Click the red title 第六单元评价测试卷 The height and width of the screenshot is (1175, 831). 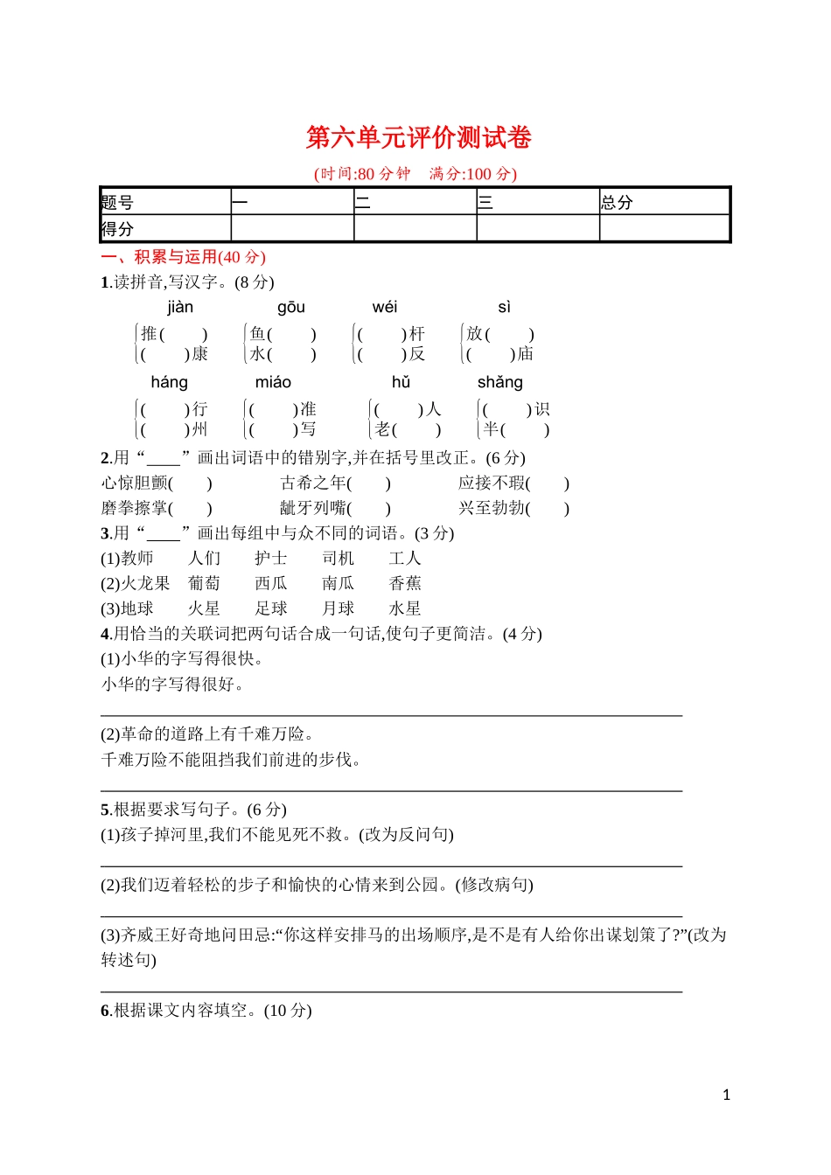418,137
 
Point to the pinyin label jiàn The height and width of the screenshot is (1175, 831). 180,307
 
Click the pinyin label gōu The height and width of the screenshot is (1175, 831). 291,307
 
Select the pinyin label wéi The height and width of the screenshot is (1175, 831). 385,307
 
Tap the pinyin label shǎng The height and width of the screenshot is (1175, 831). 499,382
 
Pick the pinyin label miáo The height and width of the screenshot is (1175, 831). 273,382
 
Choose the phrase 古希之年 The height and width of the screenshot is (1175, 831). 313,483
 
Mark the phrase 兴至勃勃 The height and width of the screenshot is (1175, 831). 492,508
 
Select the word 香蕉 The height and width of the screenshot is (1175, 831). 405,583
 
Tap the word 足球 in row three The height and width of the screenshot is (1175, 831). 271,608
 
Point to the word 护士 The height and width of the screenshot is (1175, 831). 271,558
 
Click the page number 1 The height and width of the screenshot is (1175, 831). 726,1095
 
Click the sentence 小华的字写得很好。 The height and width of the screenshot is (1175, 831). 173,684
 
